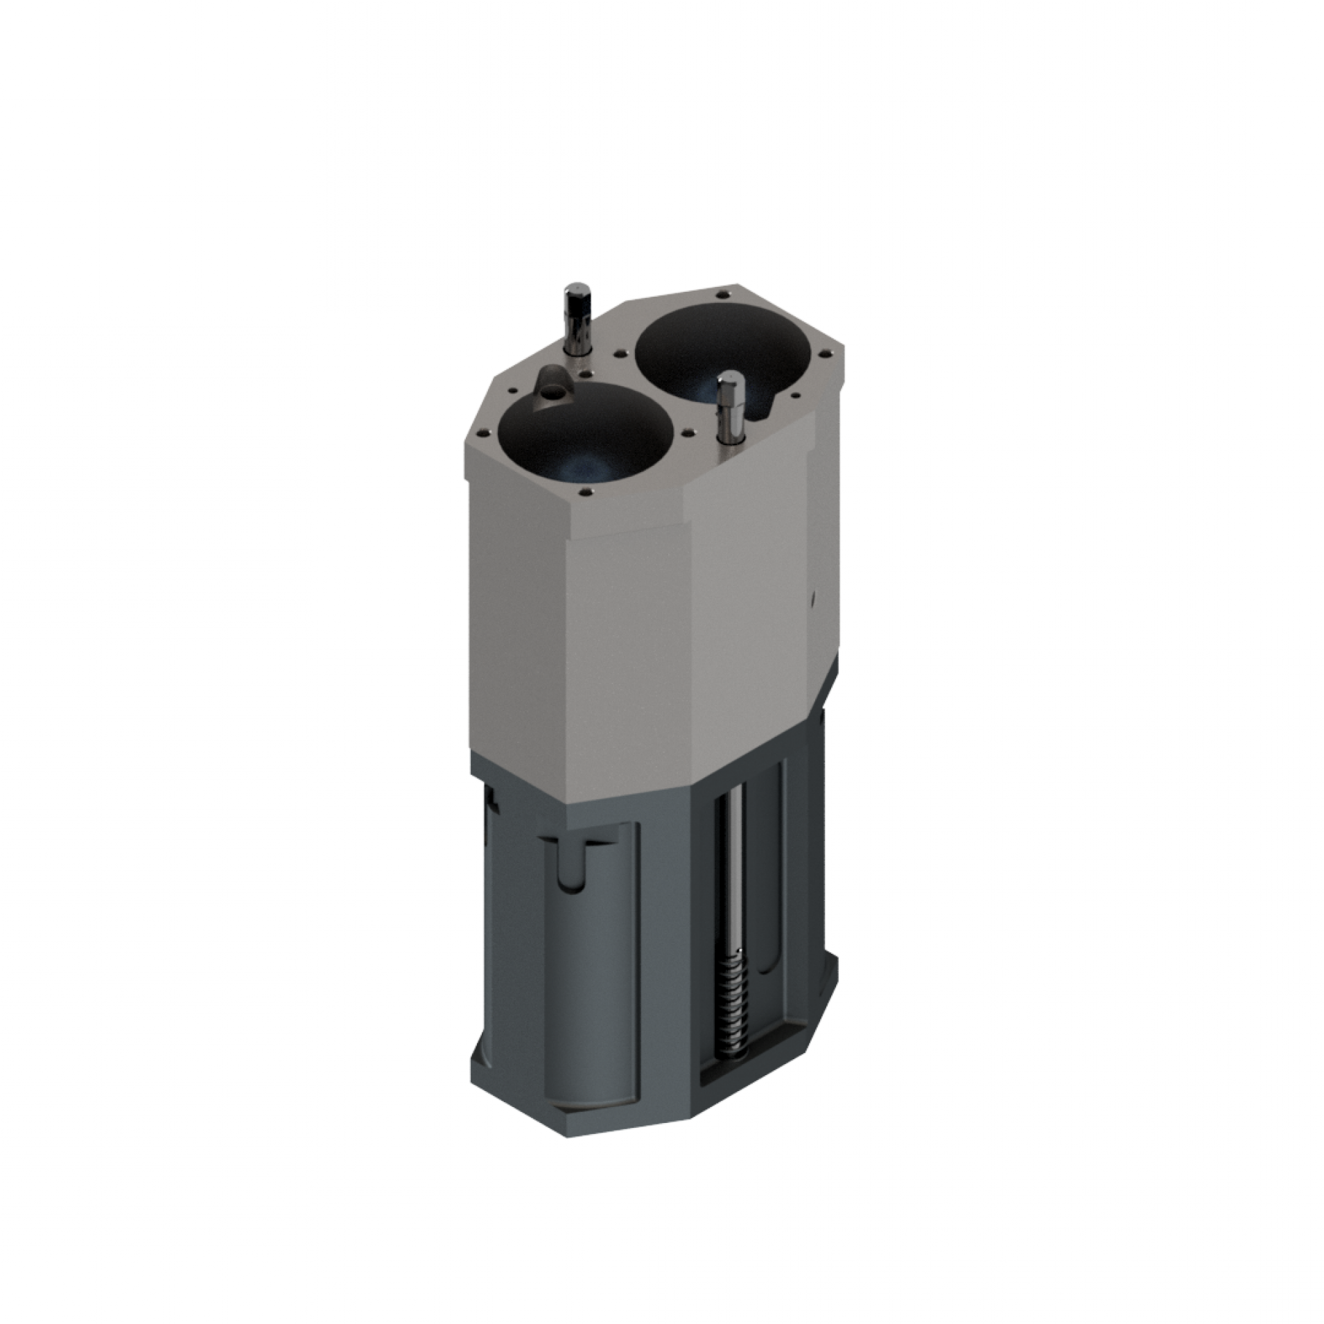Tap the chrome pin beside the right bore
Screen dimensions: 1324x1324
[x=730, y=409]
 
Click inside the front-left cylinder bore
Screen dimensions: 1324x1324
[x=584, y=437]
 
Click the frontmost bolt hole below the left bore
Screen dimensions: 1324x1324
[x=582, y=493]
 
